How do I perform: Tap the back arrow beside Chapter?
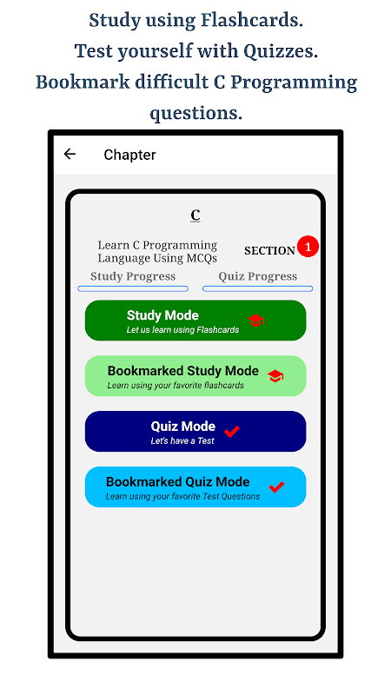tap(70, 154)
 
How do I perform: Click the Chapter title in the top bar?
tap(129, 155)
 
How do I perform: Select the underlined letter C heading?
tap(195, 215)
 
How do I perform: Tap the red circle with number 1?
tap(308, 247)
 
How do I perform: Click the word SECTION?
tap(269, 251)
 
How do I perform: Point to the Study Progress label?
tap(133, 276)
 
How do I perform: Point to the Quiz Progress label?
tap(257, 276)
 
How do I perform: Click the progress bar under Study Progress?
tap(133, 289)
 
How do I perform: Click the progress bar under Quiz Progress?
tap(257, 289)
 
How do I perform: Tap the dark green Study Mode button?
tap(195, 321)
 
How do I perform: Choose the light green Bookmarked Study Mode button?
tap(195, 376)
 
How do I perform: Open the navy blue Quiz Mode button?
tap(195, 431)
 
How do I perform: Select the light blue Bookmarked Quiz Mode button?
tap(195, 486)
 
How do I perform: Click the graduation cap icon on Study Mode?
tap(255, 321)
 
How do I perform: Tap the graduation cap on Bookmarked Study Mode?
tap(275, 376)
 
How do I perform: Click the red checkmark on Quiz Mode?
tap(232, 431)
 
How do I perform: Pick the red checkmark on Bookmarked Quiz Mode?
tap(276, 486)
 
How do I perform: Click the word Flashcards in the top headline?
tap(252, 21)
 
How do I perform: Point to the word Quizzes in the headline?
tap(281, 52)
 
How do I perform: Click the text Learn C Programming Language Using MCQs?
tap(157, 251)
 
